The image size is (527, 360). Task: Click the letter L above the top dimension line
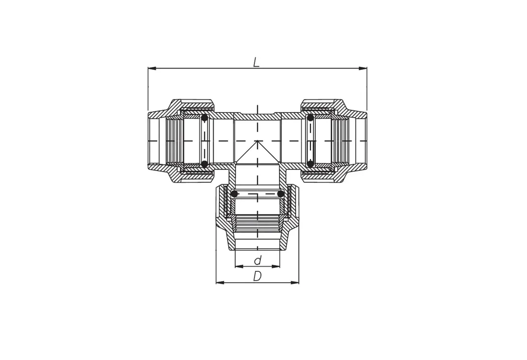(x=256, y=62)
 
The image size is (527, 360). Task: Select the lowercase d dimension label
(x=258, y=260)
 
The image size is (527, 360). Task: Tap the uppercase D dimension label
(x=257, y=276)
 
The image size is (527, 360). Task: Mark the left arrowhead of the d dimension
(x=239, y=266)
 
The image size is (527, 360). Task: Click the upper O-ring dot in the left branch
(x=205, y=118)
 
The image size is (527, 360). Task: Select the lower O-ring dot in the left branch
(x=205, y=164)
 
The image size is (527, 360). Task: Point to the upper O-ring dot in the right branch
(x=310, y=118)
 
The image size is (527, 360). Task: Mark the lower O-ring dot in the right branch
(x=310, y=164)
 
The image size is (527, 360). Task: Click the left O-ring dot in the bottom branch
(x=235, y=194)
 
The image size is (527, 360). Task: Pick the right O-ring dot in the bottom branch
(x=281, y=194)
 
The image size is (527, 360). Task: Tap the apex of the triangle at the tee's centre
(x=257, y=141)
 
